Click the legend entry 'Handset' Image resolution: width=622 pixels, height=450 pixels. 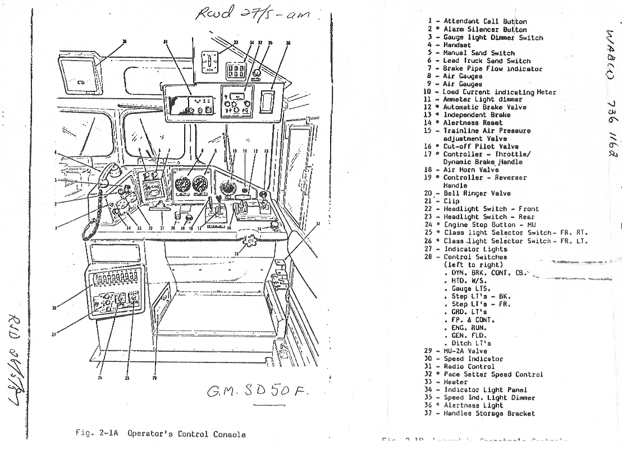(457, 45)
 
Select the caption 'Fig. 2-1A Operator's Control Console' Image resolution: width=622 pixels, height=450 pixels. (161, 434)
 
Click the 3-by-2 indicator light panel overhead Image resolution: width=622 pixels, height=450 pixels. (234, 71)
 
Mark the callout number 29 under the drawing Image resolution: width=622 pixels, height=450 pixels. (154, 378)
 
